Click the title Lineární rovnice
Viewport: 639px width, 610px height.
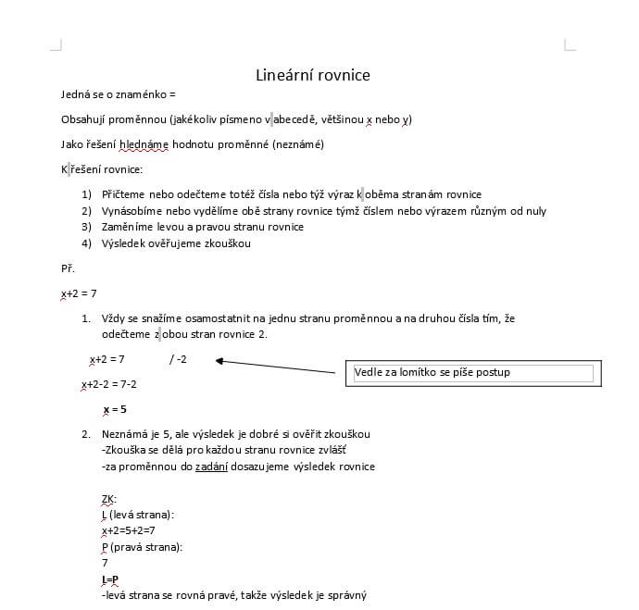point(312,76)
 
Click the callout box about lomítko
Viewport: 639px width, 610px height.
point(472,373)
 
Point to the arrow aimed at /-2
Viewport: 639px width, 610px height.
point(278,367)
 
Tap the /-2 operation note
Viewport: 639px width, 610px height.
point(178,358)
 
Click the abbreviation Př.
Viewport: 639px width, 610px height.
point(68,268)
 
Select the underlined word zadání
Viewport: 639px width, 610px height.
point(211,467)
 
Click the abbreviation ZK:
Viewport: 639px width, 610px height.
point(108,499)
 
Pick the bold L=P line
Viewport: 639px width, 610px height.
point(110,579)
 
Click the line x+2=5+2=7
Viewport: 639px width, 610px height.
point(128,530)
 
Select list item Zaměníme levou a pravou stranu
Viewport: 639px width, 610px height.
point(203,227)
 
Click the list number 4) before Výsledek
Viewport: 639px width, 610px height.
point(86,243)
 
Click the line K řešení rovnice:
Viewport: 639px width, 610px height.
point(101,169)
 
